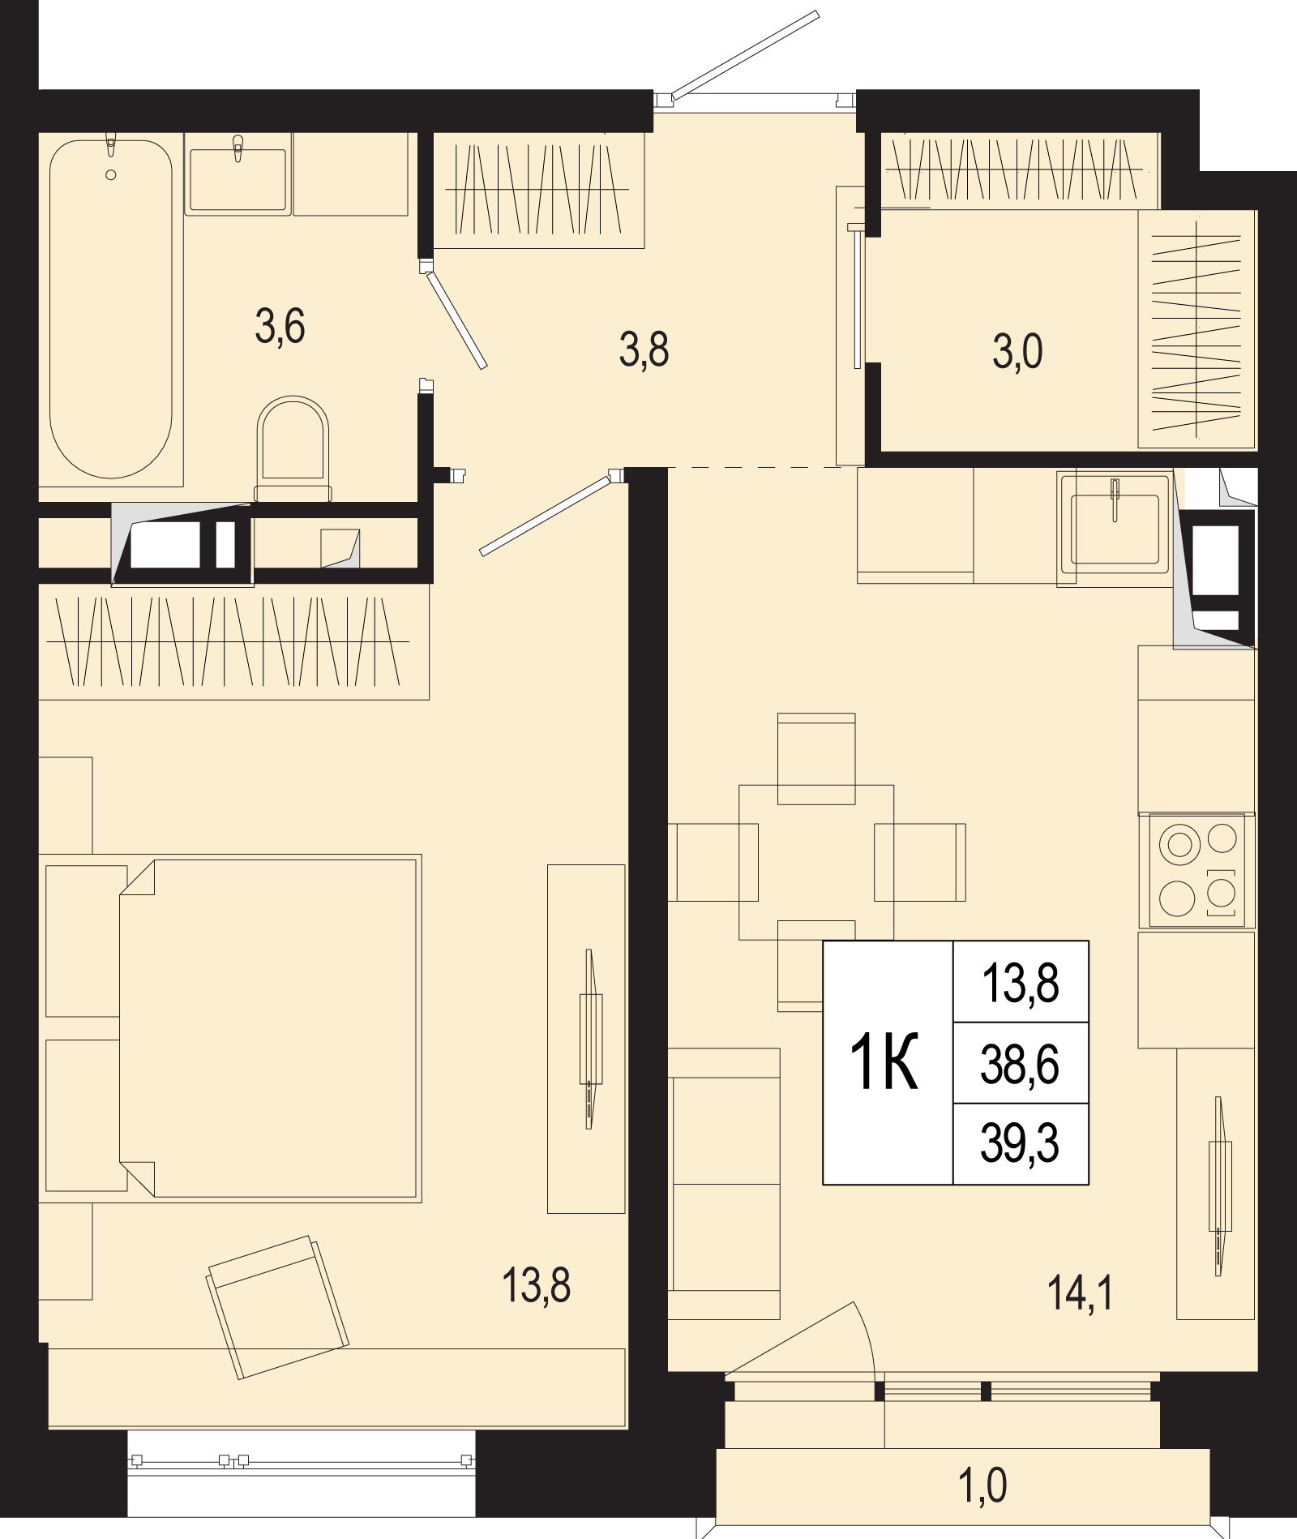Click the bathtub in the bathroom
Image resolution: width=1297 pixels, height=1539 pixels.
click(x=111, y=309)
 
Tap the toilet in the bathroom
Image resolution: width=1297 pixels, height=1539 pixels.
click(x=293, y=448)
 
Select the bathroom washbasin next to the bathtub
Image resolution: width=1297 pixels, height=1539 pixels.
click(x=238, y=174)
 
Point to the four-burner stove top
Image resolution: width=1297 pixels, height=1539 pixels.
click(x=1197, y=870)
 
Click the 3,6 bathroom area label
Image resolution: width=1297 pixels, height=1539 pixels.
click(x=280, y=327)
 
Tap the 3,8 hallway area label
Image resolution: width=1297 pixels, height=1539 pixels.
click(x=644, y=350)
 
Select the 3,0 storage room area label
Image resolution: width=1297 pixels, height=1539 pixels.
click(x=1017, y=352)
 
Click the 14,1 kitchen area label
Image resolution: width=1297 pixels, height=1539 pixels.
click(x=1081, y=1293)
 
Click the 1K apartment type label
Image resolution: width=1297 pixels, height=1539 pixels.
click(x=884, y=1062)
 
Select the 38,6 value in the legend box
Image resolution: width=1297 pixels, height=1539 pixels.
click(x=1020, y=1065)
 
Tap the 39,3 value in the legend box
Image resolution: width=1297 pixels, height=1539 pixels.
click(x=1020, y=1143)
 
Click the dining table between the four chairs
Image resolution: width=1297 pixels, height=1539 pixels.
click(x=816, y=862)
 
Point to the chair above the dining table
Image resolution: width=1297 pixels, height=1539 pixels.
click(x=816, y=758)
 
